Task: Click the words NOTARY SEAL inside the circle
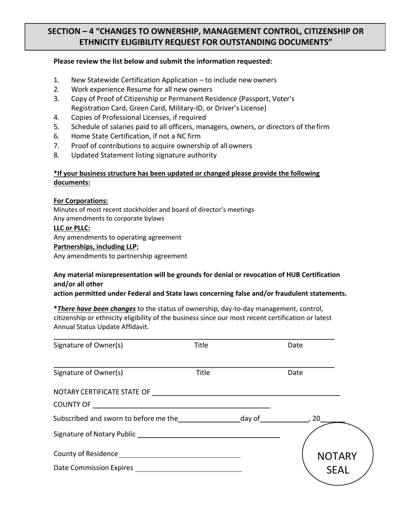[x=337, y=463]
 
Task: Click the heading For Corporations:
[x=80, y=201]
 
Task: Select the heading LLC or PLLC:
[x=72, y=228]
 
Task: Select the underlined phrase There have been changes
[x=96, y=309]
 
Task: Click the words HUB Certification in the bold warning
[x=313, y=275]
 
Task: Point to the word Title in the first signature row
[x=201, y=345]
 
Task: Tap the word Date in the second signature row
[x=295, y=373]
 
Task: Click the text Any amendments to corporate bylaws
[x=109, y=219]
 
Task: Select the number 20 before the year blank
[x=316, y=418]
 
